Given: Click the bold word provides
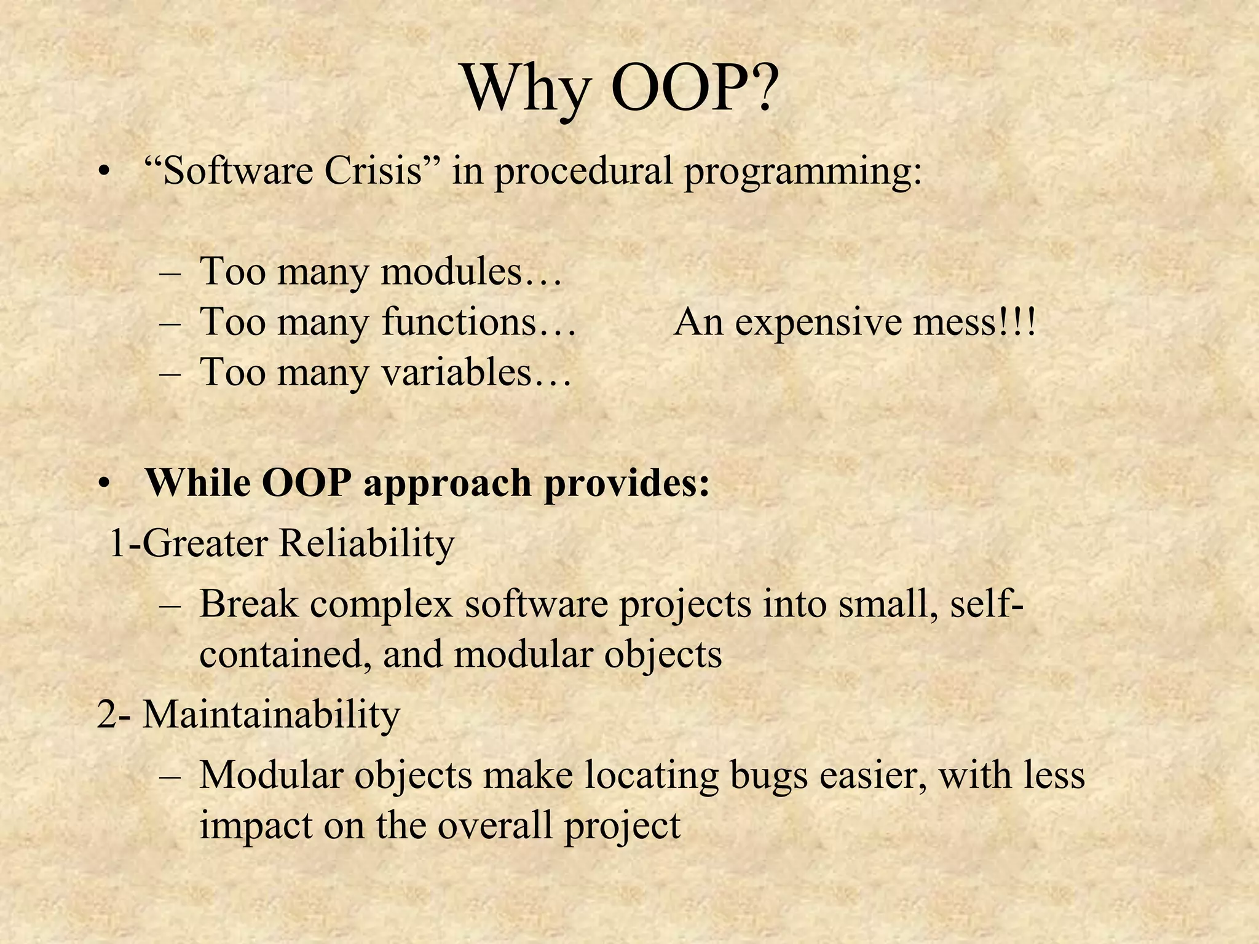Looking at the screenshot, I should coord(627,483).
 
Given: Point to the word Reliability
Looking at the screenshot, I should coord(366,543).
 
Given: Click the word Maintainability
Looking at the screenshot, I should coord(271,715).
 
